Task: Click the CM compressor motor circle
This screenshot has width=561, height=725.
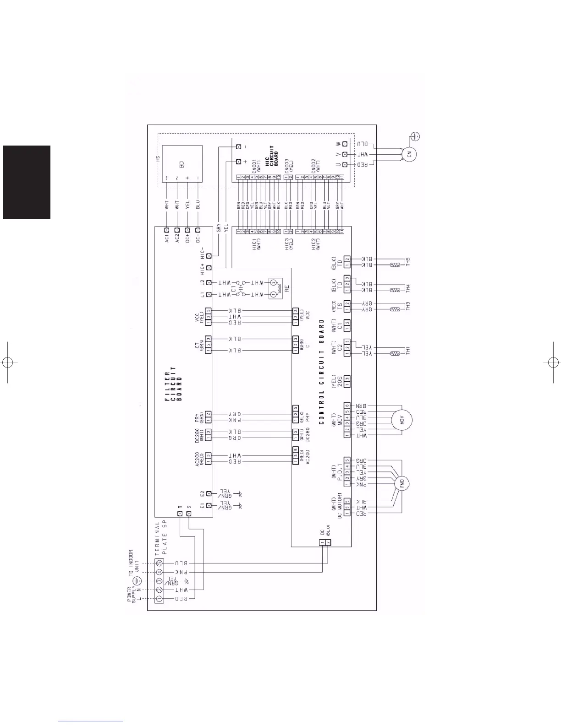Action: click(x=409, y=154)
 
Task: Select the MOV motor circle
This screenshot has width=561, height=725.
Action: click(x=402, y=420)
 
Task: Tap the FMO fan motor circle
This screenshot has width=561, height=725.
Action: click(x=402, y=484)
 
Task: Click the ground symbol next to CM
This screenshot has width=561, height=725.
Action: click(x=415, y=136)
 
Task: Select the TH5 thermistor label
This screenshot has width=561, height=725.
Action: click(x=407, y=262)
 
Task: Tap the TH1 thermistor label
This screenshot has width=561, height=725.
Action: click(x=407, y=351)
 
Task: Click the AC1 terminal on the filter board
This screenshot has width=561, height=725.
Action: click(x=167, y=230)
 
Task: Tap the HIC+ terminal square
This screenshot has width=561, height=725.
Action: click(x=209, y=268)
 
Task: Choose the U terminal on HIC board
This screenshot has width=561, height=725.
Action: click(x=345, y=165)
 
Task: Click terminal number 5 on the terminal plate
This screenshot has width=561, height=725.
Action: click(x=159, y=563)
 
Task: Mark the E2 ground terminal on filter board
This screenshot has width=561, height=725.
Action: click(x=209, y=493)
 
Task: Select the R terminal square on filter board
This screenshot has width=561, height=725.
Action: click(x=180, y=514)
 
